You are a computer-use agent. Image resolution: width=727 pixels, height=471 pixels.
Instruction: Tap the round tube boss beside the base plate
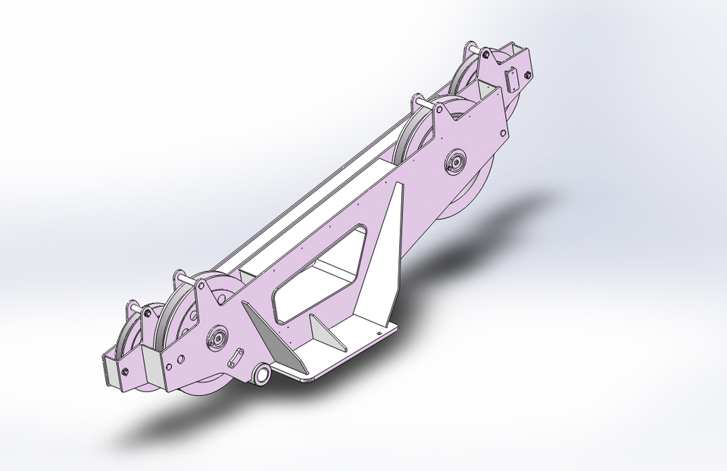[x=262, y=374]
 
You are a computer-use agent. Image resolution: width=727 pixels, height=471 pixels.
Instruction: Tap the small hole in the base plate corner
[x=378, y=329]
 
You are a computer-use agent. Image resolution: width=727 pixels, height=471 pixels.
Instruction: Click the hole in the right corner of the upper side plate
[x=502, y=132]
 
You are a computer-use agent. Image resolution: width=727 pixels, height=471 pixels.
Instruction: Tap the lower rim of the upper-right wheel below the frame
[x=462, y=204]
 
